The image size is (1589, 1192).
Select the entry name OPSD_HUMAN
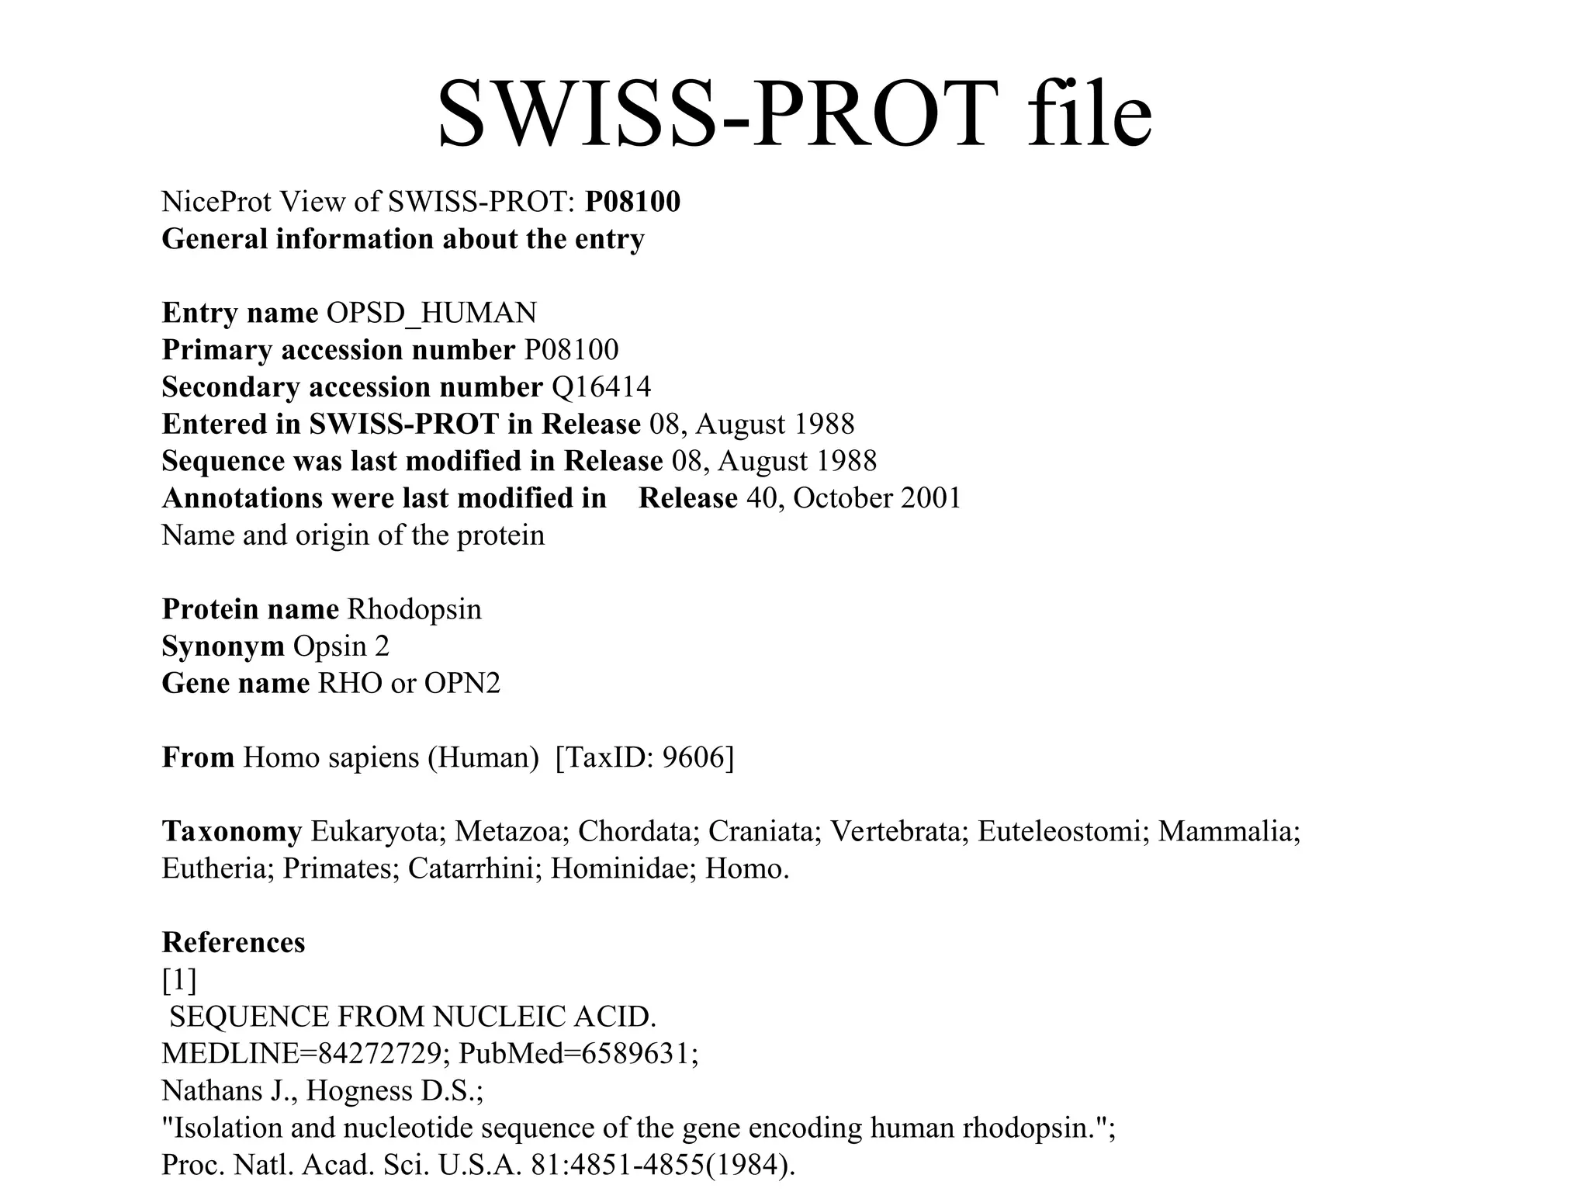click(x=431, y=313)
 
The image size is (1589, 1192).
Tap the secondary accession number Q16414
click(x=601, y=386)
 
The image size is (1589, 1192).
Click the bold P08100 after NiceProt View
click(x=632, y=202)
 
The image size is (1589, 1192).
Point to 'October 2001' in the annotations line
click(x=877, y=497)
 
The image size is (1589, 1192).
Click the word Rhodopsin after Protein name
click(x=414, y=609)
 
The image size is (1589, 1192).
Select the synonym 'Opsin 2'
click(x=341, y=646)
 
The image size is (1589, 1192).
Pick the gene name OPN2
click(x=462, y=683)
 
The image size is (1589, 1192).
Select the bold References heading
click(x=234, y=942)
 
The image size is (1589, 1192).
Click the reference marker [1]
click(x=179, y=979)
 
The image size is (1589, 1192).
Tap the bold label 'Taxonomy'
click(x=232, y=831)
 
